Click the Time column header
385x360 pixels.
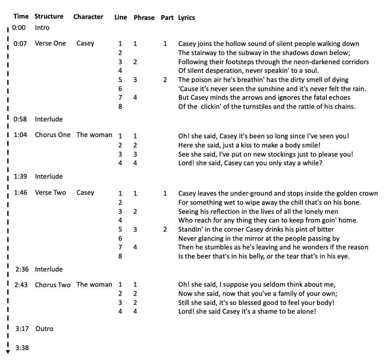coord(21,17)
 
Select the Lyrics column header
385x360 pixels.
coord(186,18)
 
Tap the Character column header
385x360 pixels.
coord(88,17)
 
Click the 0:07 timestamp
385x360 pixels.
coord(20,44)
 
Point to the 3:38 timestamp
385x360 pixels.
coord(22,348)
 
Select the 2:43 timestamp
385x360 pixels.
coord(22,285)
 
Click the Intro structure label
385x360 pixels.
coord(42,28)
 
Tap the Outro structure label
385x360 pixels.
coord(44,329)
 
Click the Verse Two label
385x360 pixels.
coord(50,193)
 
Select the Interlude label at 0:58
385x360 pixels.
coord(49,119)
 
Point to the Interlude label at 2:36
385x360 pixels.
coord(49,269)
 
